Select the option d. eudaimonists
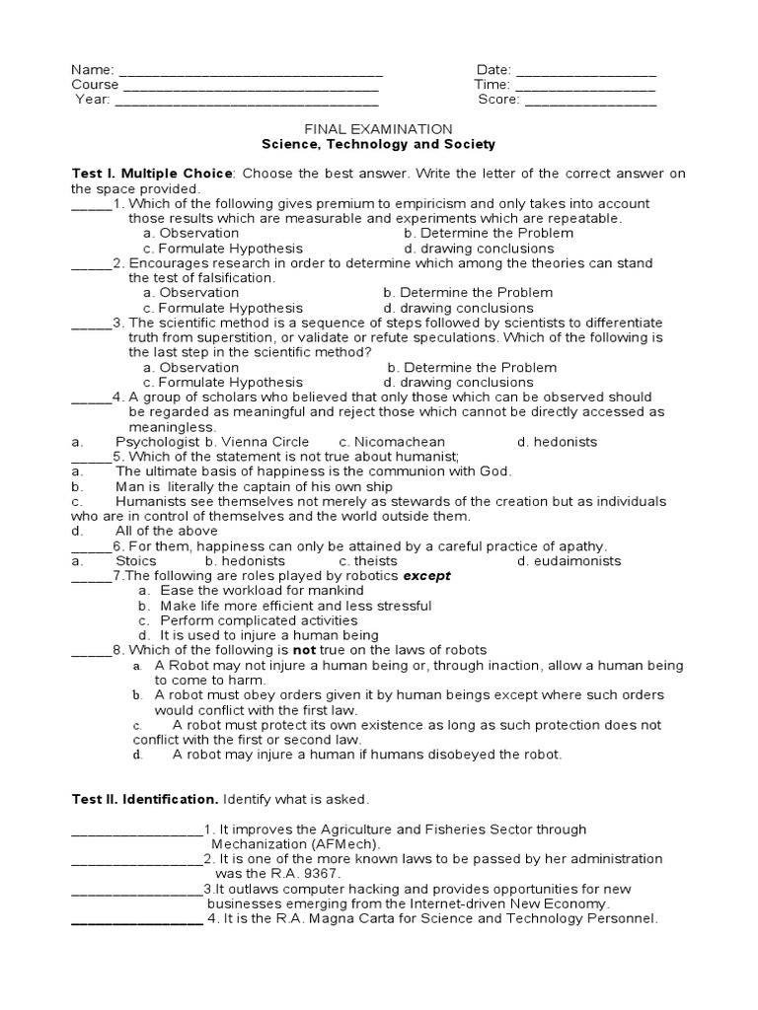(x=569, y=561)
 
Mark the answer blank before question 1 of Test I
(x=91, y=204)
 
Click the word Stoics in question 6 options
(x=136, y=561)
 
